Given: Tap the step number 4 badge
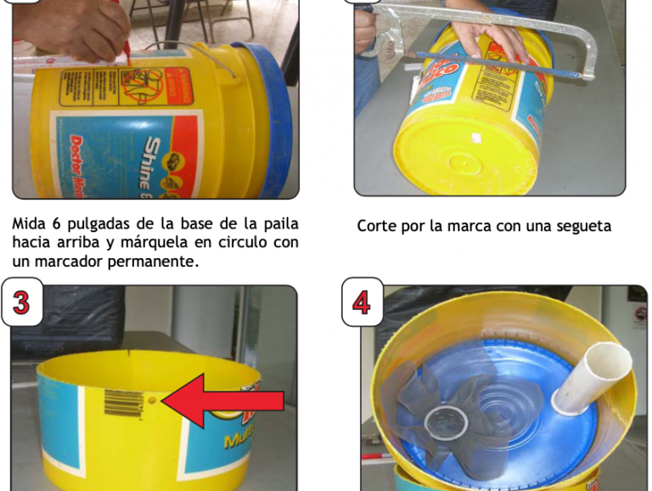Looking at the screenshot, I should click(x=363, y=302).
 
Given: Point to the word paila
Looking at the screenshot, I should click(x=276, y=224).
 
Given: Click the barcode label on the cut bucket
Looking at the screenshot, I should click(x=123, y=402).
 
